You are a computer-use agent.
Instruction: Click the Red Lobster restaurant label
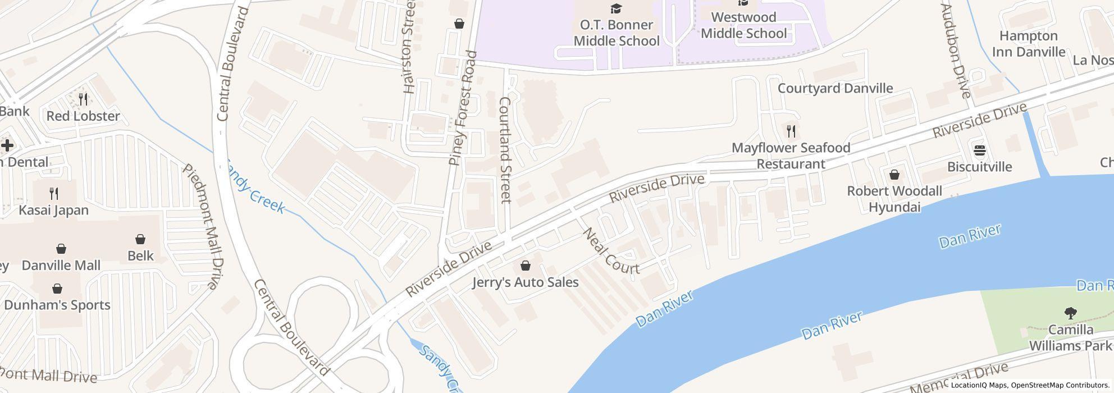click(83, 116)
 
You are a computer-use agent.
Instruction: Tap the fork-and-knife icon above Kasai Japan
click(54, 194)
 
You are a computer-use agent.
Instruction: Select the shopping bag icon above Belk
click(140, 239)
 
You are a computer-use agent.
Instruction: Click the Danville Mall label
click(61, 265)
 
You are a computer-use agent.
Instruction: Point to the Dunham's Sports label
click(57, 305)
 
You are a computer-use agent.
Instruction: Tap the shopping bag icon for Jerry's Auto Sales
click(526, 266)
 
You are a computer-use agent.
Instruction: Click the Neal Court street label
click(611, 252)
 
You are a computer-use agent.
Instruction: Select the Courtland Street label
click(505, 150)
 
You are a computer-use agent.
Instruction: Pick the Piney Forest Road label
click(463, 108)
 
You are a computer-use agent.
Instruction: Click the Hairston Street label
click(409, 47)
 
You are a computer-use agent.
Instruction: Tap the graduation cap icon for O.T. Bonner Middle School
click(617, 8)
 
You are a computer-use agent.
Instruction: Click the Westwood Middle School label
click(743, 25)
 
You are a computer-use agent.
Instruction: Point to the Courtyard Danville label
click(835, 88)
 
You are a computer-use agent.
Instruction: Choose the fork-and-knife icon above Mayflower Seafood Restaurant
click(791, 132)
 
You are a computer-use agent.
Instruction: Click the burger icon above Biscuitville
click(980, 150)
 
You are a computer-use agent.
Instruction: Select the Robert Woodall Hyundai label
click(894, 199)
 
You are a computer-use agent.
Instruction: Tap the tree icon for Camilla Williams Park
click(1071, 313)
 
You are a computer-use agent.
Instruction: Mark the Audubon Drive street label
click(955, 51)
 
